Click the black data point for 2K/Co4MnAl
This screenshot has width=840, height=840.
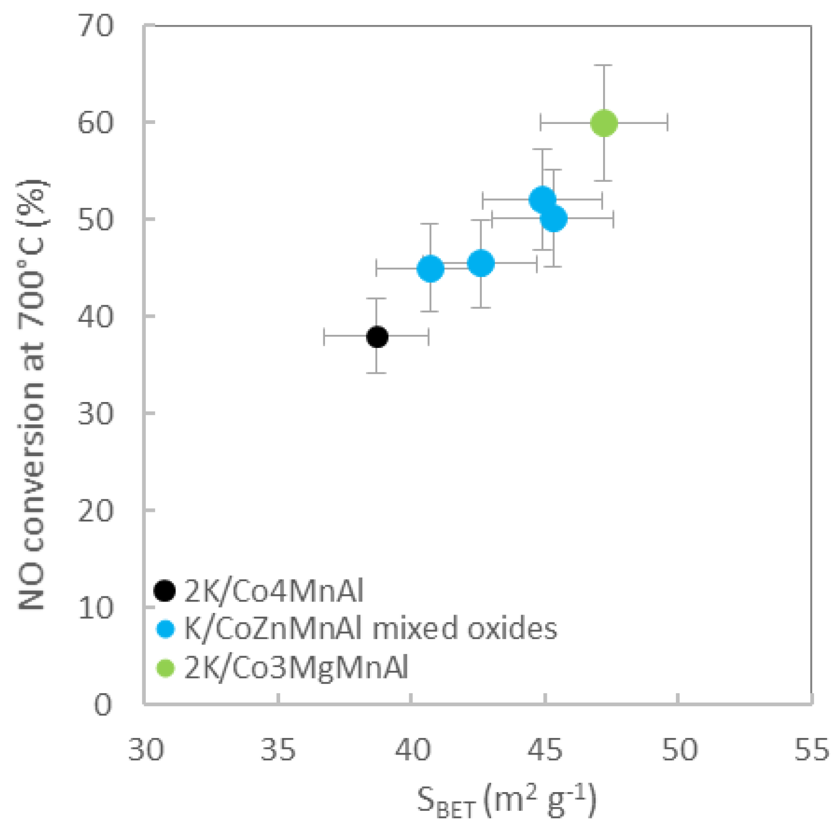pyautogui.click(x=377, y=337)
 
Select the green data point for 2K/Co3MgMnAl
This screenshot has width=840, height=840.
pyautogui.click(x=604, y=123)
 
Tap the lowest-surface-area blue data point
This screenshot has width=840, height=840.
pyautogui.click(x=430, y=268)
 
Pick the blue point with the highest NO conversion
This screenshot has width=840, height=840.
pyautogui.click(x=542, y=199)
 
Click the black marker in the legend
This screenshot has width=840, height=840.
pyautogui.click(x=165, y=591)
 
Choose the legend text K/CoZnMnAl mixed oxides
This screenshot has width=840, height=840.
pyautogui.click(x=371, y=629)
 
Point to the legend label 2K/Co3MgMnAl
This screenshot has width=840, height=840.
pyautogui.click(x=296, y=668)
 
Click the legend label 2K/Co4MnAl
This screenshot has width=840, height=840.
pyautogui.click(x=274, y=591)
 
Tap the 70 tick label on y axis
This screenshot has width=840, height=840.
pyautogui.click(x=95, y=26)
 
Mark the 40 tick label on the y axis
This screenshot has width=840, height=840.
pyautogui.click(x=95, y=316)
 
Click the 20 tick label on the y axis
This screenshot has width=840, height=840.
pyautogui.click(x=95, y=510)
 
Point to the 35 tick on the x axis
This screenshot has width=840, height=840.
pyautogui.click(x=278, y=750)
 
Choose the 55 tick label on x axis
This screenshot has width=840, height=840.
pyautogui.click(x=811, y=750)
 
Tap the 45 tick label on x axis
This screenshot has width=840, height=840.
pyautogui.click(x=545, y=750)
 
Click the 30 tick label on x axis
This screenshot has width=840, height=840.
pyautogui.click(x=146, y=750)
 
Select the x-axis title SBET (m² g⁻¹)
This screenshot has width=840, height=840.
pyautogui.click(x=506, y=801)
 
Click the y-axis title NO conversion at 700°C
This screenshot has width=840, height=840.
pyautogui.click(x=32, y=396)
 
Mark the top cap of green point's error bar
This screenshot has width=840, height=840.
pyautogui.click(x=604, y=65)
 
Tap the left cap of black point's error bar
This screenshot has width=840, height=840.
pyautogui.click(x=324, y=337)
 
